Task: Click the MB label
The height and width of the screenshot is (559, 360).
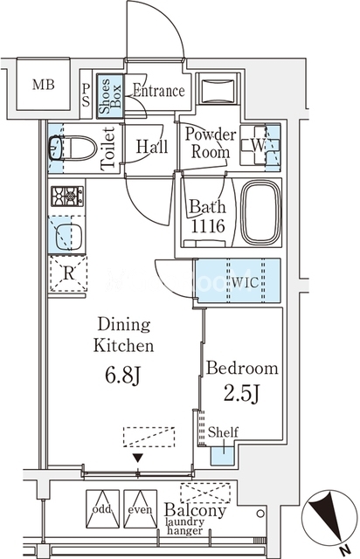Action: (44, 85)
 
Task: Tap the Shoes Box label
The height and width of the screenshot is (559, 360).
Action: (110, 96)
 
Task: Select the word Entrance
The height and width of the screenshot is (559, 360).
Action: (159, 91)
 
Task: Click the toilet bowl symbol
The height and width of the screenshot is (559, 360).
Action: (73, 148)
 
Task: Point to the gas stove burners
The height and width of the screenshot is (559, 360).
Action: (67, 196)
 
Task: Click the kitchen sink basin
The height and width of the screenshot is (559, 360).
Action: (68, 237)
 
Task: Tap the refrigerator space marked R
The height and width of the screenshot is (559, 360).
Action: (68, 273)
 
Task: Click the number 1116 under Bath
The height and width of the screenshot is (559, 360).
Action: (208, 226)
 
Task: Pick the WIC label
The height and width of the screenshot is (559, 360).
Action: (245, 282)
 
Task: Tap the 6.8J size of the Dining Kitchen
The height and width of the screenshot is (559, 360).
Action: (123, 376)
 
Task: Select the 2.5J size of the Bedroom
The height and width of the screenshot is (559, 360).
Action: (241, 394)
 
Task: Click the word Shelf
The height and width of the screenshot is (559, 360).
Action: (223, 432)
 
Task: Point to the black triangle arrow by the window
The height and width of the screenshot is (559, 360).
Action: (138, 458)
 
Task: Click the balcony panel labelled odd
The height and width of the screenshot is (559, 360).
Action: (102, 508)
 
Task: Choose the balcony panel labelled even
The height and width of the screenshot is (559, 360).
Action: (140, 508)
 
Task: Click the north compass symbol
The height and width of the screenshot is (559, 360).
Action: (329, 517)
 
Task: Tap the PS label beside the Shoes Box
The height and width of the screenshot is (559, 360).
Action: (86, 95)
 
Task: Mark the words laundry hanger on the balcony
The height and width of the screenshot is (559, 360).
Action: (185, 527)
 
